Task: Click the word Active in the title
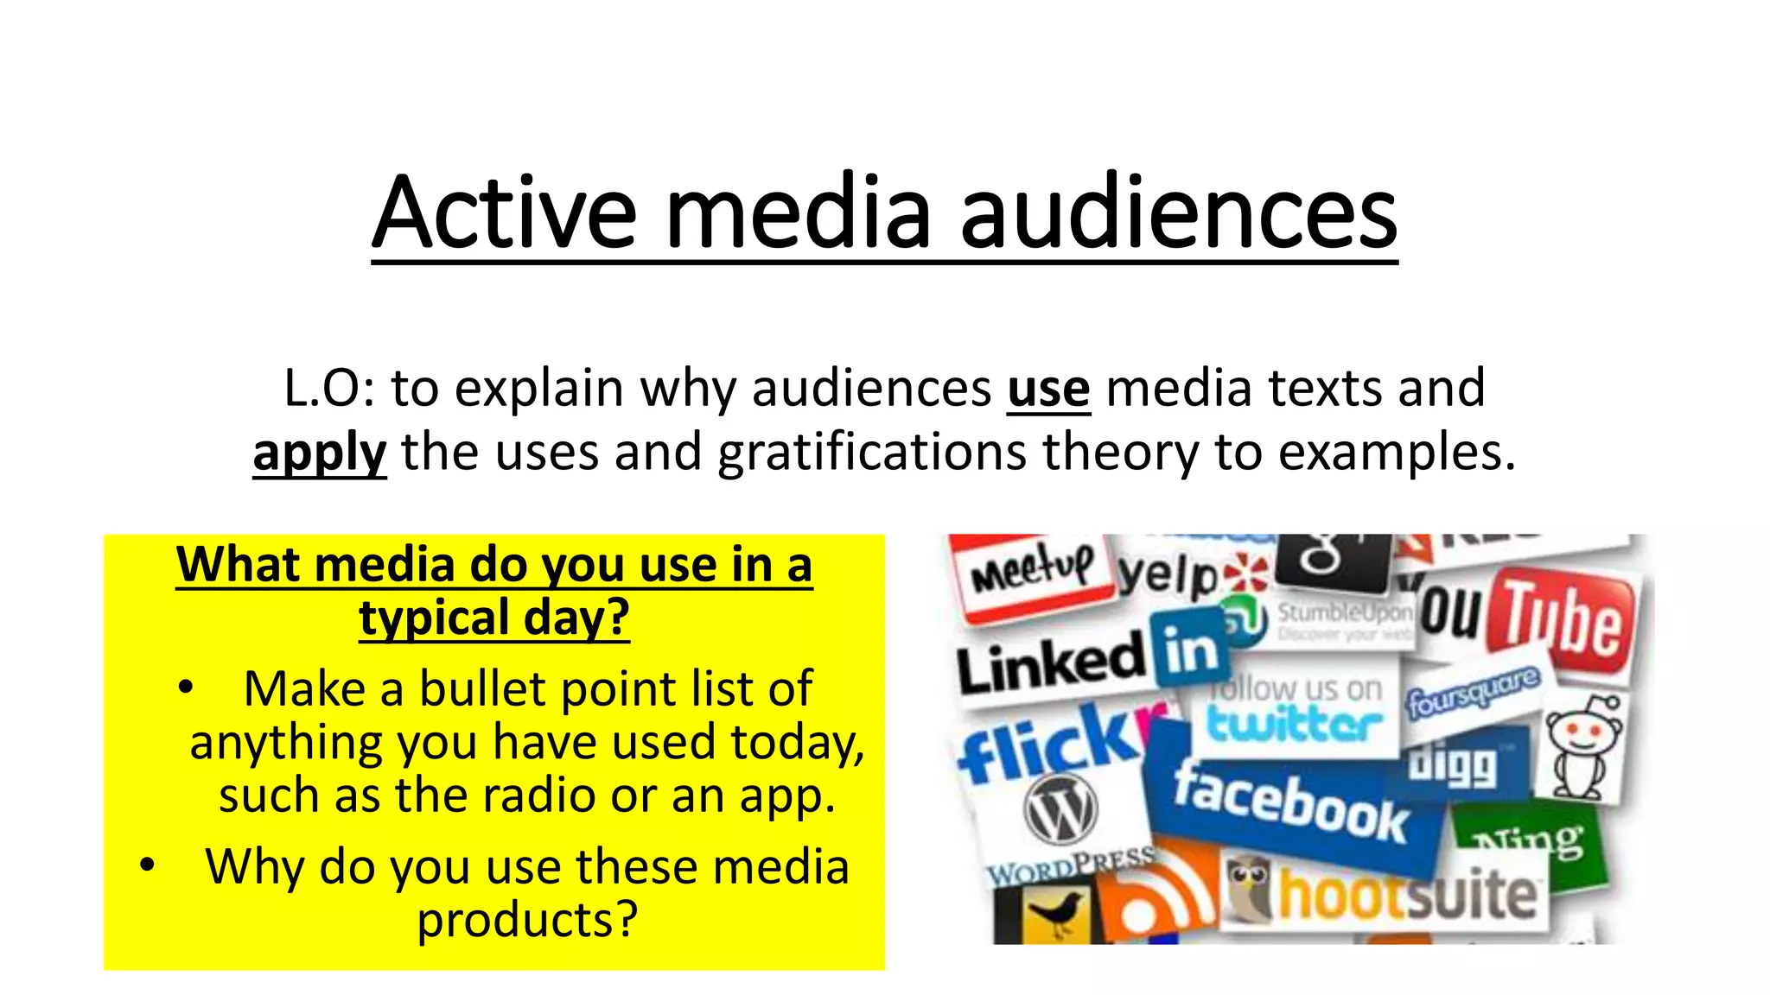coord(505,212)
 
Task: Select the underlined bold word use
coord(1048,389)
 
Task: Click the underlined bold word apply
coord(319,453)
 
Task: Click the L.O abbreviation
coord(328,389)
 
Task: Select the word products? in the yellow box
coord(527,919)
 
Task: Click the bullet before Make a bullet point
coord(184,688)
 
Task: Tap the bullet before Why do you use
coord(147,865)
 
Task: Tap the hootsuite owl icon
coord(1247,890)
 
